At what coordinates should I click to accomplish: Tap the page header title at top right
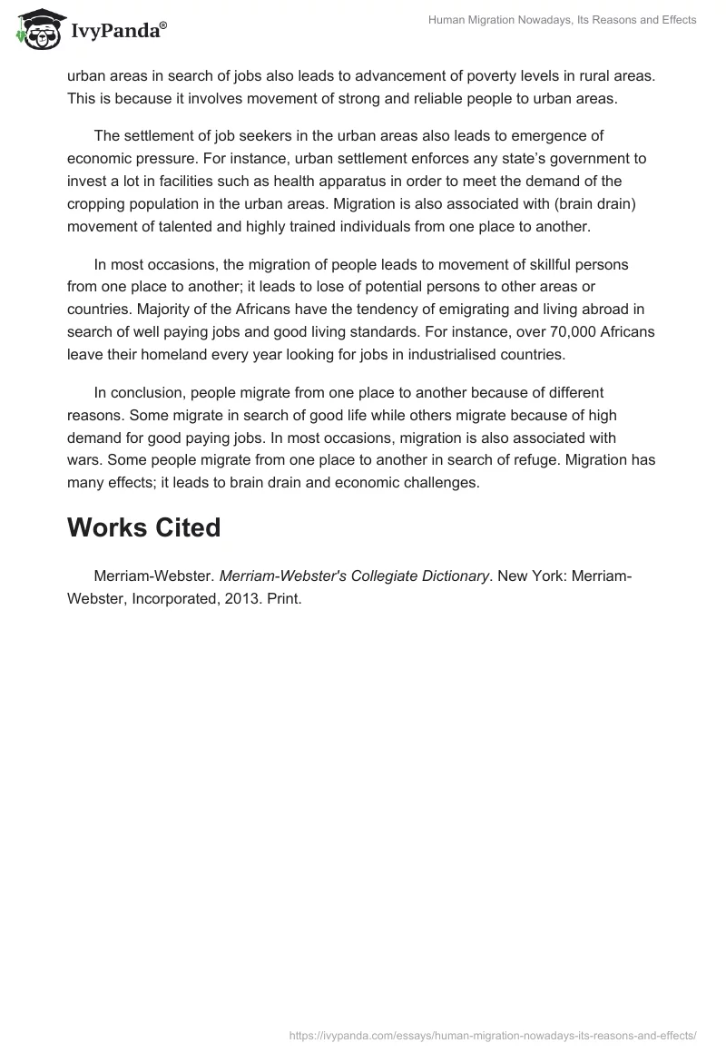(563, 20)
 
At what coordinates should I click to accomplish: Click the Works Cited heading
(143, 527)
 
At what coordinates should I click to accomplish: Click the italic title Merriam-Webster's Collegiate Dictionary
(354, 576)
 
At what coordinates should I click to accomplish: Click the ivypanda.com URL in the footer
(493, 1034)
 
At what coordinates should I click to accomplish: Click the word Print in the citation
(283, 600)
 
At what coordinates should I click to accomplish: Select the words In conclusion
(135, 393)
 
